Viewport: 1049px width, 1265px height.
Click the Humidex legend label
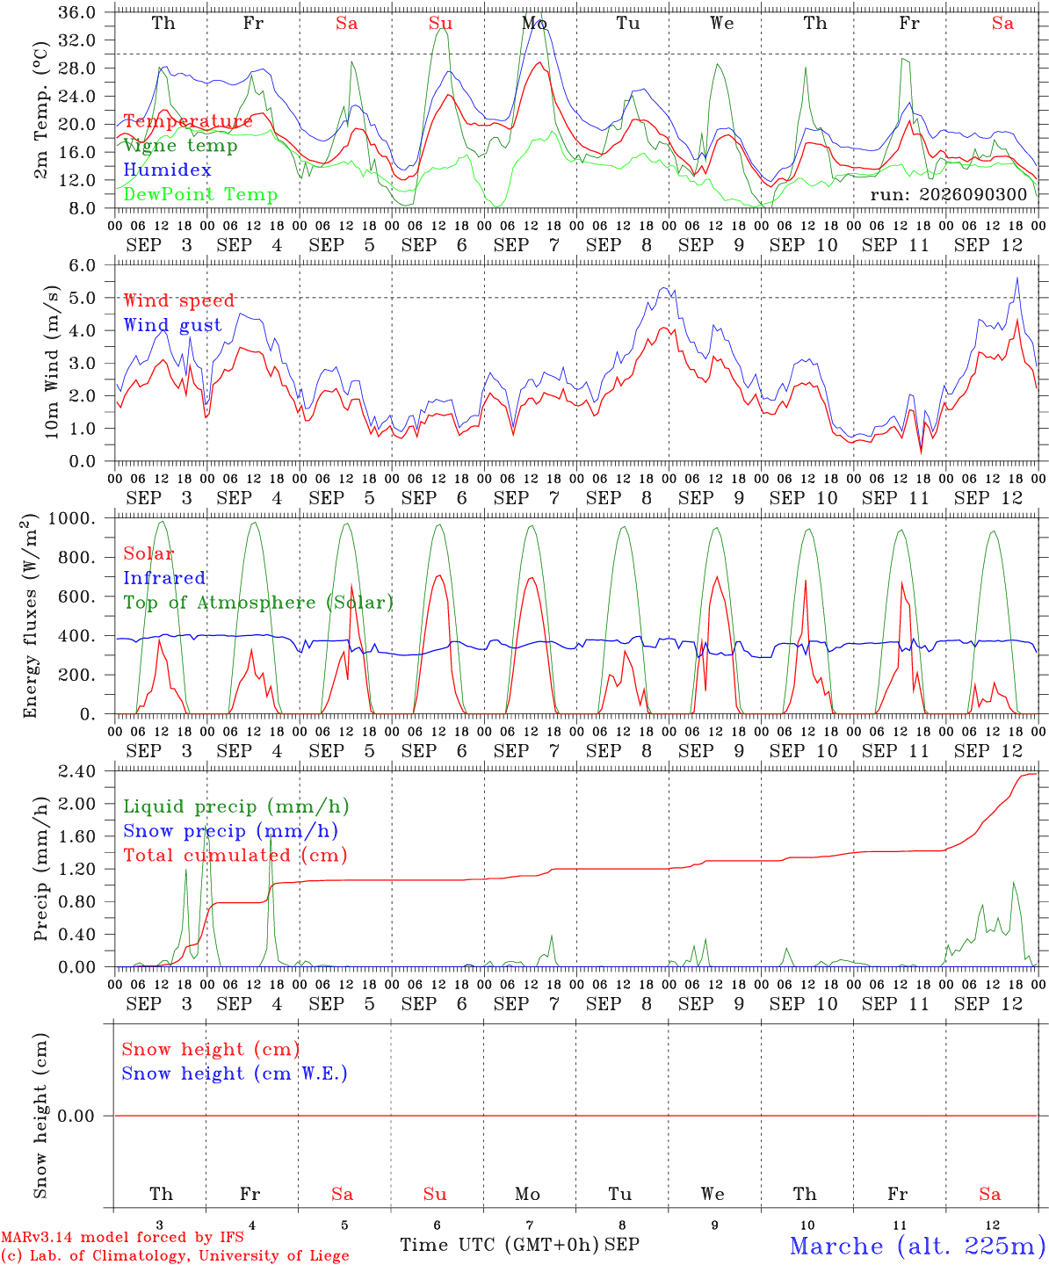[x=167, y=170]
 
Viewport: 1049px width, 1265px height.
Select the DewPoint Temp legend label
[x=200, y=194]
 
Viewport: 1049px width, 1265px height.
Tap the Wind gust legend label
[x=173, y=325]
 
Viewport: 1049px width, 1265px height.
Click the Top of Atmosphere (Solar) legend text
[x=259, y=603]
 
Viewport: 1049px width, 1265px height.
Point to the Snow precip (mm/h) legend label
[x=230, y=831]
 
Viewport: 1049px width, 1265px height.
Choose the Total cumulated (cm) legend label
[x=235, y=856]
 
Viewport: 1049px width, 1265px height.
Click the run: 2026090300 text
[x=948, y=194]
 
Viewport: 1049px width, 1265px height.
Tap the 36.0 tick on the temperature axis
[x=77, y=12]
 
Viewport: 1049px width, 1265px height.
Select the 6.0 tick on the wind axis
[x=83, y=265]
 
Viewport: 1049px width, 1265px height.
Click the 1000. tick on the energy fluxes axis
[x=72, y=518]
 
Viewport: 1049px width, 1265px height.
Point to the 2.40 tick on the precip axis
[x=77, y=771]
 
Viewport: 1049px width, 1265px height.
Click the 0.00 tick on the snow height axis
[x=76, y=1116]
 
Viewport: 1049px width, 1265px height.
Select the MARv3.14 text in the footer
[x=38, y=1237]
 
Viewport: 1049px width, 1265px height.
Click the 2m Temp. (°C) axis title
[x=40, y=111]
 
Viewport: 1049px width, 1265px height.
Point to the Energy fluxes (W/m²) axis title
[x=30, y=616]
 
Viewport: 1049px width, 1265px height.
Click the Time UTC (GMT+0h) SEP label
[x=520, y=1245]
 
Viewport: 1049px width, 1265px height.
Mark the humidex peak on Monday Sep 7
[x=536, y=23]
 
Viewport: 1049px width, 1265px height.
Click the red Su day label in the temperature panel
[x=440, y=23]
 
